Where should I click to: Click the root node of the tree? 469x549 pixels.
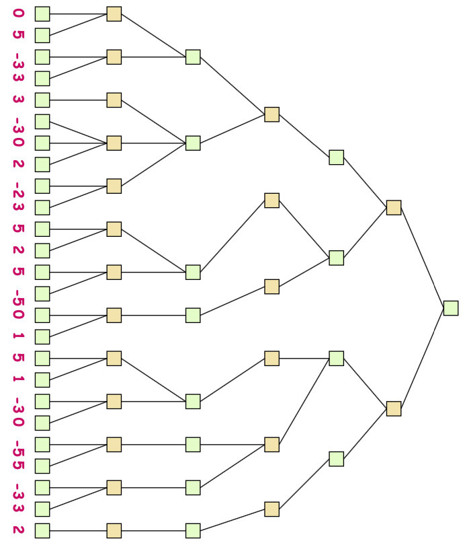point(451,308)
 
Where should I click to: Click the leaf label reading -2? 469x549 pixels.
point(18,186)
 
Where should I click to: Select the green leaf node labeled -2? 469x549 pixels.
point(42,186)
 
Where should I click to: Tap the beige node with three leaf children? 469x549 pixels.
point(114,143)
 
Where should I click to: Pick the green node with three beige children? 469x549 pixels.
point(193,143)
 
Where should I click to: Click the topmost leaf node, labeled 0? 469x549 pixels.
point(42,14)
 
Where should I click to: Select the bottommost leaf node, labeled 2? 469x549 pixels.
point(42,531)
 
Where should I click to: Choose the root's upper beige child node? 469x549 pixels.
point(394,208)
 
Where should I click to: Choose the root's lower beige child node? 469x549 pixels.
point(394,409)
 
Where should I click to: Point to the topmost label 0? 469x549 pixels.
point(18,13)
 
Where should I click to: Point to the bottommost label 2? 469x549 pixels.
point(18,530)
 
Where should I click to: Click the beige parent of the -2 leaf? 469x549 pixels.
point(114,186)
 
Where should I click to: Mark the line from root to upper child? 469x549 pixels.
point(422,258)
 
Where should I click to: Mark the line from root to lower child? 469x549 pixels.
point(422,359)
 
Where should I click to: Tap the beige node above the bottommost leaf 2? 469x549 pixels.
point(114,531)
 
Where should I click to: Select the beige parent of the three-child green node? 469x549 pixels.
point(271,114)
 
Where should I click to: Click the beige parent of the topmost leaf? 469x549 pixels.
point(114,14)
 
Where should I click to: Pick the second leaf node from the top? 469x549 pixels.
point(42,36)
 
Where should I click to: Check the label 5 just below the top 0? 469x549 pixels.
point(18,35)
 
